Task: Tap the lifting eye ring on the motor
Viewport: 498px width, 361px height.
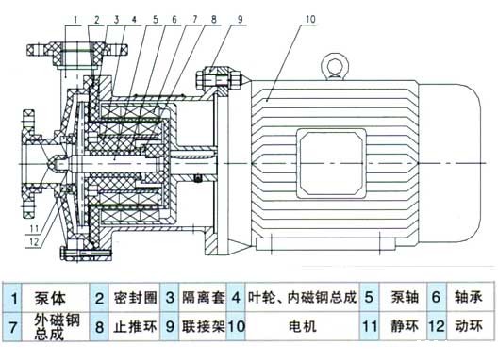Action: point(332,64)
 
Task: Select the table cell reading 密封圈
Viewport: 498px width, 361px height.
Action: point(131,300)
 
